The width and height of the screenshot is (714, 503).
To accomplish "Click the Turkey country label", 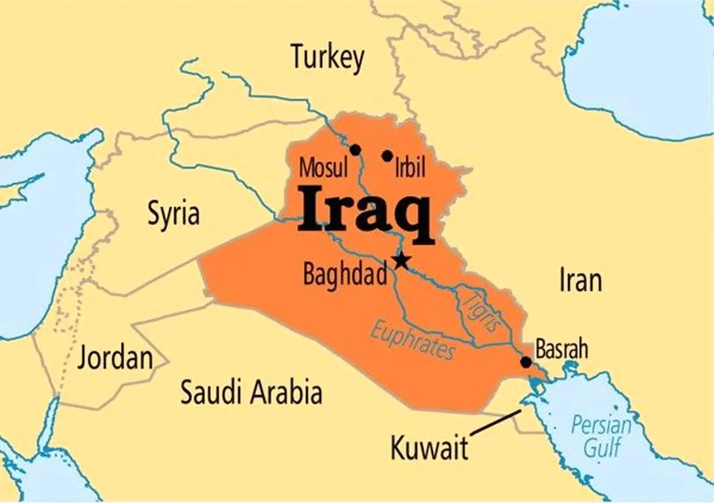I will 327,58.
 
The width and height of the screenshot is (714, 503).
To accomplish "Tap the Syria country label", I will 174,213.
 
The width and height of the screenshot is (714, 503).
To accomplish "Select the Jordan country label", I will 115,359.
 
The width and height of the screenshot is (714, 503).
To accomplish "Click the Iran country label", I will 580,279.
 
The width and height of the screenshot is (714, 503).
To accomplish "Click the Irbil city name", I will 411,169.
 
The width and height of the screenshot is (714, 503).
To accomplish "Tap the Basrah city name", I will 562,349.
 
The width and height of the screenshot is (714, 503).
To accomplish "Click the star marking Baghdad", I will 402,260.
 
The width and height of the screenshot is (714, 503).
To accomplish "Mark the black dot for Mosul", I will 355,150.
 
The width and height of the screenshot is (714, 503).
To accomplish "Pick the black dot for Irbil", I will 387,156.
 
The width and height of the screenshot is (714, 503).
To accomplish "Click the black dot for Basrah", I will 526,361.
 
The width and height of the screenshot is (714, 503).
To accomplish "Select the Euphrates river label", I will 412,339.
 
